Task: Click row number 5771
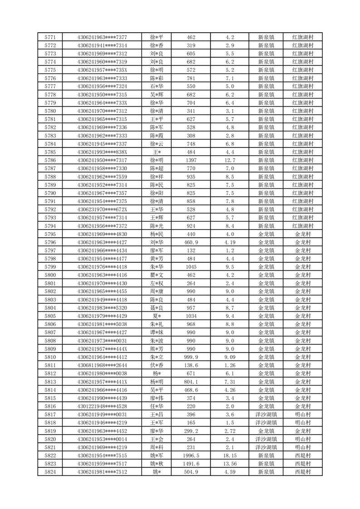(x=50, y=37)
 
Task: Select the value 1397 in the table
(x=191, y=160)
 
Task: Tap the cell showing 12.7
(x=229, y=160)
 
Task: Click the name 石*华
(x=157, y=86)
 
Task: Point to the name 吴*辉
(x=157, y=94)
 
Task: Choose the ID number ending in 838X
(x=102, y=152)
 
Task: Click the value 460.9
(x=191, y=242)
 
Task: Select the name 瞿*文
(x=157, y=275)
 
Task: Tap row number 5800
(x=50, y=275)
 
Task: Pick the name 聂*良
(x=157, y=308)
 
